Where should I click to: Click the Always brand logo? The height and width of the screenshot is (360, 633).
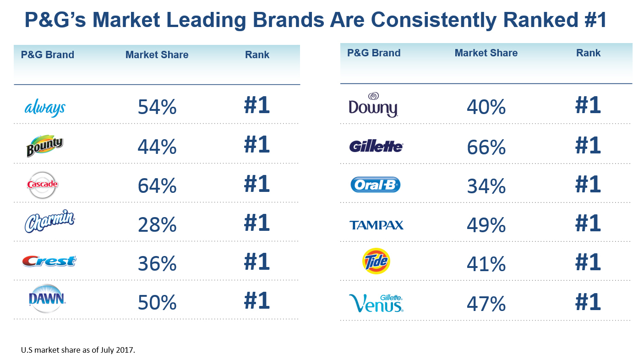tap(44, 108)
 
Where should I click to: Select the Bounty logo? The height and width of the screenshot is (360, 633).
tap(44, 147)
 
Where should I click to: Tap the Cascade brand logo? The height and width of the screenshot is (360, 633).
tap(42, 185)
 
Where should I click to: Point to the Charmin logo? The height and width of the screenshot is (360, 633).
tap(49, 224)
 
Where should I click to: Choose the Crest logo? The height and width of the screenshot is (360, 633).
tap(49, 261)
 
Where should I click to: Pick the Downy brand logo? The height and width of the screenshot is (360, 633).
tap(373, 105)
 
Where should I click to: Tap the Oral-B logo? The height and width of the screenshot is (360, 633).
tap(375, 185)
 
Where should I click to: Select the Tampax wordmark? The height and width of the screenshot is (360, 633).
tap(376, 225)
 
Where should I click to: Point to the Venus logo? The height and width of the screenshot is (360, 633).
tap(376, 303)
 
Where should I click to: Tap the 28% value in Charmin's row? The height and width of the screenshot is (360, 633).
tap(157, 225)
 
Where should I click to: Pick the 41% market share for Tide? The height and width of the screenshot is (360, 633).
tap(486, 264)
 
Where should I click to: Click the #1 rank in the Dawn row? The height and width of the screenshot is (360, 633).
tap(257, 301)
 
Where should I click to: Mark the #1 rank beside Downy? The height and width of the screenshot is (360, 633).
tap(588, 105)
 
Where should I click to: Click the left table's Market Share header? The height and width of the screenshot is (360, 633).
tap(157, 55)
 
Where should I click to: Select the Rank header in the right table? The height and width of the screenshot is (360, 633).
tap(588, 53)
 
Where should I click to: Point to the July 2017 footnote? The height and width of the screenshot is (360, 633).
tap(78, 350)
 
